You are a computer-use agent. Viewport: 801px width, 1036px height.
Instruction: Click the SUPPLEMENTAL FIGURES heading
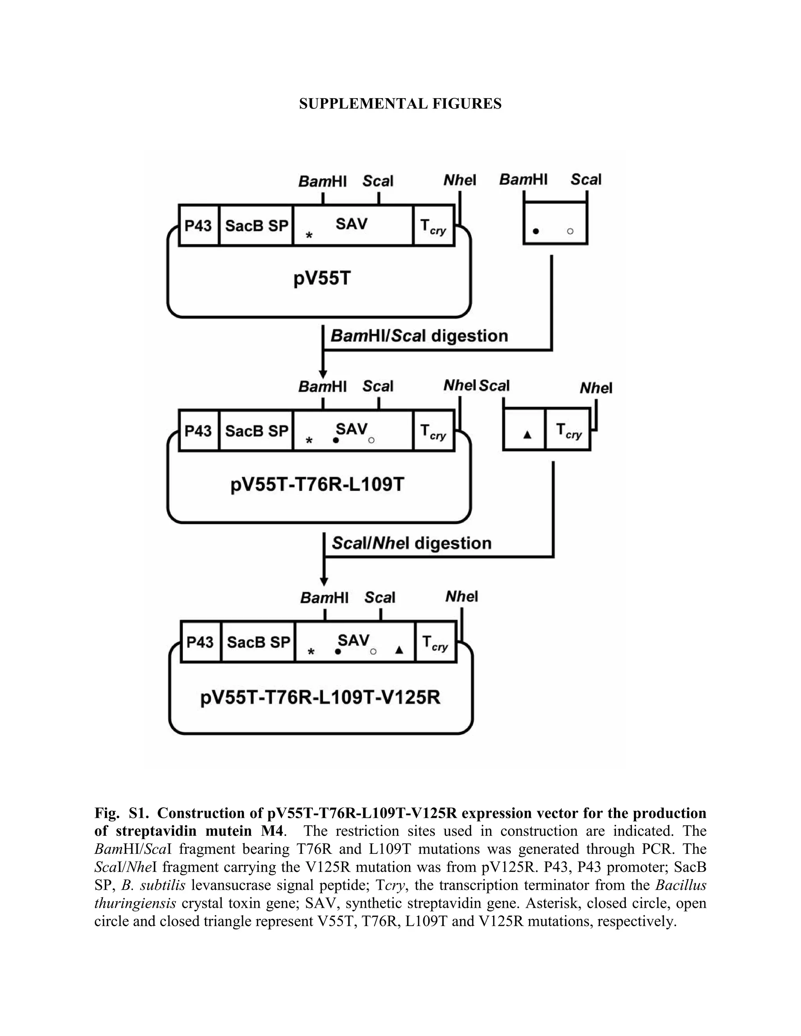pyautogui.click(x=400, y=104)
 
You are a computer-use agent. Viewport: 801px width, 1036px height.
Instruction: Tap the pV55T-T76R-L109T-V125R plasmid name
pyautogui.click(x=320, y=697)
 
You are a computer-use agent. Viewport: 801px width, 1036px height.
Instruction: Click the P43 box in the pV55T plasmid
pyautogui.click(x=198, y=225)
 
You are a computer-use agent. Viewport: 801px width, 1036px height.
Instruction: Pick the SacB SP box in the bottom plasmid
pyautogui.click(x=258, y=642)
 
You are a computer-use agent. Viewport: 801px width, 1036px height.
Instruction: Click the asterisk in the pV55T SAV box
pyautogui.click(x=309, y=235)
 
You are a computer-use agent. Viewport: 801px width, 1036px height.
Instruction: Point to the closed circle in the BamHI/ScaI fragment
pyautogui.click(x=536, y=231)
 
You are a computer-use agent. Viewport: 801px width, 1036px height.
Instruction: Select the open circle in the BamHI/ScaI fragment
pyautogui.click(x=570, y=231)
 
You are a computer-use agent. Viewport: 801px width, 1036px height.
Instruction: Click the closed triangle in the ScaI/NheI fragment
pyautogui.click(x=527, y=434)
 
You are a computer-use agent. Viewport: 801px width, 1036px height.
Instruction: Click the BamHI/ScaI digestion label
pyautogui.click(x=419, y=336)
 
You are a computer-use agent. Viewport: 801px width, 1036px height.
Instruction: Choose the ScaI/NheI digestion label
pyautogui.click(x=411, y=543)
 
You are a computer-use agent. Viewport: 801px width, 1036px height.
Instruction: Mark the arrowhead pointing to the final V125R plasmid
pyautogui.click(x=324, y=582)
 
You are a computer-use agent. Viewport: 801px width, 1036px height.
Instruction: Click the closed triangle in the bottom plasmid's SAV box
pyautogui.click(x=399, y=650)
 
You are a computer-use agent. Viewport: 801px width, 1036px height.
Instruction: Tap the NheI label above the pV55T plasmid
pyautogui.click(x=459, y=180)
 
